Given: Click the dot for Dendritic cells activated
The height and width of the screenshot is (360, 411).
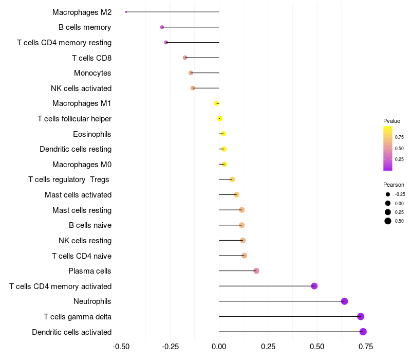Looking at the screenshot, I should [363, 332].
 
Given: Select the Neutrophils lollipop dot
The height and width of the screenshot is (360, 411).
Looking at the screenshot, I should [345, 301].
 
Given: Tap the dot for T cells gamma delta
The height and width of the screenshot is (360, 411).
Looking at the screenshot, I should [361, 317].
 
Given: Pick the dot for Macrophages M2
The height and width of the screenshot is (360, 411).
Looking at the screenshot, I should [126, 12].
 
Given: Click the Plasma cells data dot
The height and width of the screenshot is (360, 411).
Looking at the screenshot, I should [256, 271].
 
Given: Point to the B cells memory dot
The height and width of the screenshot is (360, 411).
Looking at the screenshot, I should [162, 27].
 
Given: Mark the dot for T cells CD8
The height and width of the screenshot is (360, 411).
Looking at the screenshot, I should [185, 58].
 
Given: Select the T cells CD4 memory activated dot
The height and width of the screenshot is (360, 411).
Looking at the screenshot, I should [314, 286].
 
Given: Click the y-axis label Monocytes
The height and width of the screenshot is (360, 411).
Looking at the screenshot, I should [92, 73].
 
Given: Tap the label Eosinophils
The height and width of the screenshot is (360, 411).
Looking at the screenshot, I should [92, 134].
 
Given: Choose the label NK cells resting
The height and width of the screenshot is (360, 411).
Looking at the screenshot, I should [85, 241].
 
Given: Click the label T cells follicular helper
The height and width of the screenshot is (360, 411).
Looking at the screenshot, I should [74, 119].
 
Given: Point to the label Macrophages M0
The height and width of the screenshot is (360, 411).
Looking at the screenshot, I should [82, 165].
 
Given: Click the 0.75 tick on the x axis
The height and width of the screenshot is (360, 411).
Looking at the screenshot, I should [366, 346].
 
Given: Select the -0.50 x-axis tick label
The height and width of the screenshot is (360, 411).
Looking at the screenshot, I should [120, 346].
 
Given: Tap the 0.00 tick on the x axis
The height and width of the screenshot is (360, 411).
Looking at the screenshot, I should [219, 346].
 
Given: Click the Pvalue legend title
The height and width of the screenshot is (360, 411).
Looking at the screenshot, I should [391, 121].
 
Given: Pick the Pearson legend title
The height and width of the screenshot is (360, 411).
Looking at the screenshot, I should [394, 185].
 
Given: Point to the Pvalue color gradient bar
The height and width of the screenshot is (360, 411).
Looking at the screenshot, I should [388, 148].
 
